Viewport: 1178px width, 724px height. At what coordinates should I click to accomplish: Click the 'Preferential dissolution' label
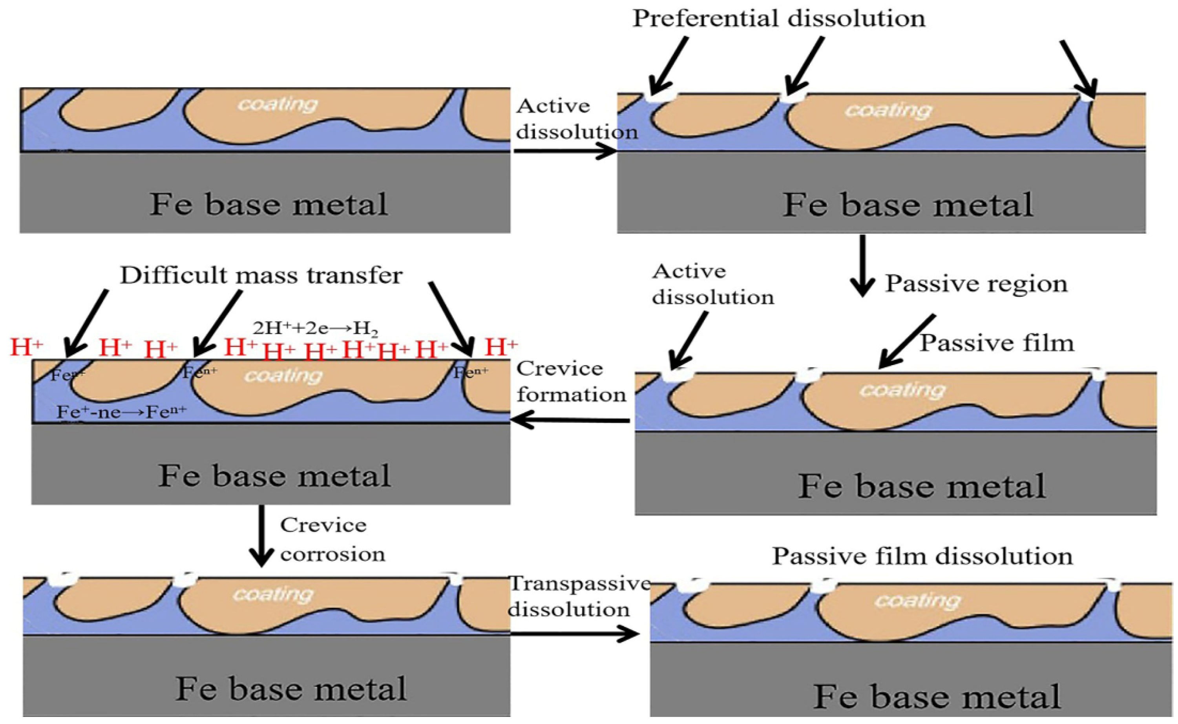click(x=778, y=19)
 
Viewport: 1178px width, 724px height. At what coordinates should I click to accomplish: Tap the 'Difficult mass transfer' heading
click(x=261, y=276)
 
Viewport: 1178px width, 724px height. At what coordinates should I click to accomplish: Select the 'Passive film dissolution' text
click(x=922, y=556)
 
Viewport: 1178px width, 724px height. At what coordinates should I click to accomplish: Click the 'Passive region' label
click(x=976, y=283)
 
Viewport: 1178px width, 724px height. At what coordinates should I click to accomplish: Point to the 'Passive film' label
click(x=997, y=343)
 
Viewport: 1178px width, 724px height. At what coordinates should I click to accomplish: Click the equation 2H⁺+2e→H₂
click(x=316, y=329)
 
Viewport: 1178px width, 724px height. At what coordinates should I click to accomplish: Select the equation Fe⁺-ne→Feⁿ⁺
click(x=122, y=412)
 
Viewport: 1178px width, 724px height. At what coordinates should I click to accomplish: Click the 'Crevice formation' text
click(x=571, y=382)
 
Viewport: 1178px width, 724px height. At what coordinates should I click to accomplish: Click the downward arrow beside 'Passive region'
click(x=862, y=266)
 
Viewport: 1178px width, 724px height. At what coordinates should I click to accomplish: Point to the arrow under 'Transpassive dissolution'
click(x=574, y=634)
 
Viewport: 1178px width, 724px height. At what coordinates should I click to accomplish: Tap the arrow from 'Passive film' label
click(x=907, y=342)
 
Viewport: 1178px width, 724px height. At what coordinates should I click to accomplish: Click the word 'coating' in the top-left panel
click(x=278, y=104)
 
